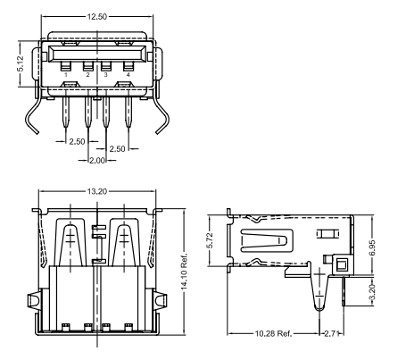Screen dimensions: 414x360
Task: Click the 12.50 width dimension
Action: pyautogui.click(x=97, y=17)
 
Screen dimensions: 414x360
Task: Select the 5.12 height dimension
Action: pyautogui.click(x=21, y=64)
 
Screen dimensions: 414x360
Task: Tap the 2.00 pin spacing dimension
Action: pyautogui.click(x=97, y=161)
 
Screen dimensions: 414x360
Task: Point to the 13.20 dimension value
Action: pyautogui.click(x=97, y=191)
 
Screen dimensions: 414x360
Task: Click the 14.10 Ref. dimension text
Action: pyautogui.click(x=184, y=272)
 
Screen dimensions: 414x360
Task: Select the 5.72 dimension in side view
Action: pyautogui.click(x=210, y=240)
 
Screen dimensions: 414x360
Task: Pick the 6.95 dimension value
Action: pyautogui.click(x=372, y=247)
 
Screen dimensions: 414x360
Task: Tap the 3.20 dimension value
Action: pyautogui.click(x=372, y=292)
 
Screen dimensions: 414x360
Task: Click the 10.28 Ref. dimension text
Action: pyautogui.click(x=273, y=333)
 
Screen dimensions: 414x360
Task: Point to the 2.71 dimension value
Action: pyautogui.click(x=332, y=333)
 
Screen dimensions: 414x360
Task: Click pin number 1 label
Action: pyautogui.click(x=66, y=74)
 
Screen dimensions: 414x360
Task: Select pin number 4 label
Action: pyautogui.click(x=128, y=74)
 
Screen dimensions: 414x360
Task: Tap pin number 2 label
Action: pyautogui.click(x=87, y=74)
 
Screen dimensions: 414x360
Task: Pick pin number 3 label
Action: pyautogui.click(x=106, y=74)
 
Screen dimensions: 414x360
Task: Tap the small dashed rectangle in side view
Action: pyautogui.click(x=327, y=234)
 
